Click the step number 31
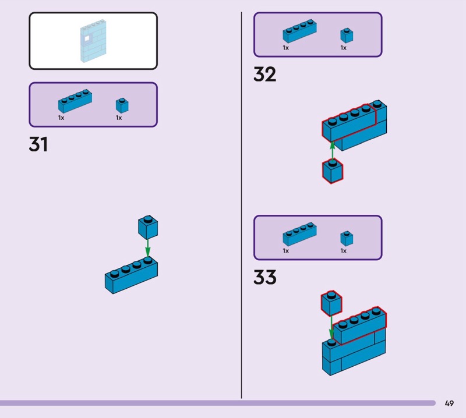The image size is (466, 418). coord(38,144)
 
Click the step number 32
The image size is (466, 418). coord(264,75)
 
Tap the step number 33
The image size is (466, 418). coord(264,278)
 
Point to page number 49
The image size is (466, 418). coord(449,403)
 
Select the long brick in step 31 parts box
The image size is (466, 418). coord(75,101)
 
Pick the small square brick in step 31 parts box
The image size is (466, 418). coord(122,105)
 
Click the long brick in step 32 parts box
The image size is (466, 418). coord(300,32)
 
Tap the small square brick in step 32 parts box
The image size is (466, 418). coord(347,35)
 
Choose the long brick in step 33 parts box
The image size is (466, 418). coord(300,235)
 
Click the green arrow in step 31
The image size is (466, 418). coord(147,247)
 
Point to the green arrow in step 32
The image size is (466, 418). coord(332,151)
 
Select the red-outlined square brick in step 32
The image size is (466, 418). coord(333,171)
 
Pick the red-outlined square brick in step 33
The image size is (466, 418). coord(331,303)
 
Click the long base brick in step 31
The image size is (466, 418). coord(131,275)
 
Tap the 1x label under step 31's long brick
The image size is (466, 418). coord(61,118)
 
